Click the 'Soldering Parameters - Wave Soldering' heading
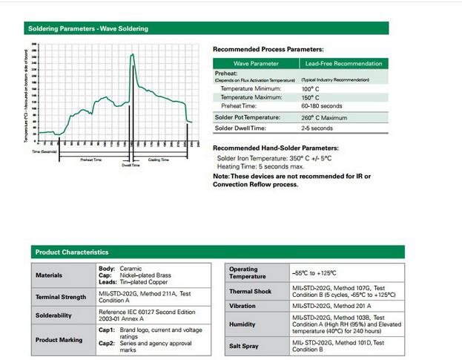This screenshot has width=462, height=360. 88,29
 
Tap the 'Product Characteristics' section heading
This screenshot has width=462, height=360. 72,252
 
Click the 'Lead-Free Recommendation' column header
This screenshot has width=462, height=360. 343,64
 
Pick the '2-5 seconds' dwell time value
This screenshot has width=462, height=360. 317,128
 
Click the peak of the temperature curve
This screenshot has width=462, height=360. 132,54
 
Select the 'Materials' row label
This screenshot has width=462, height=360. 50,275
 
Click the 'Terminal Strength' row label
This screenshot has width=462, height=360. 62,297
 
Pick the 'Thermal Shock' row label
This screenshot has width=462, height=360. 251,292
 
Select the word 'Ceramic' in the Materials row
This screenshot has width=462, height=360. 131,268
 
